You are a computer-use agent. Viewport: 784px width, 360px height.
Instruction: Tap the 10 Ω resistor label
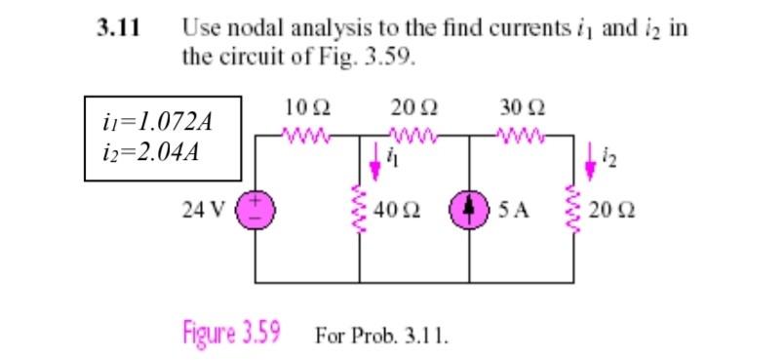pos(306,106)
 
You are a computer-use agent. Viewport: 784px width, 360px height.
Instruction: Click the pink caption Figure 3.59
pos(231,333)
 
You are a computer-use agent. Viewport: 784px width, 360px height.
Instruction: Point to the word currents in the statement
pos(548,28)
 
